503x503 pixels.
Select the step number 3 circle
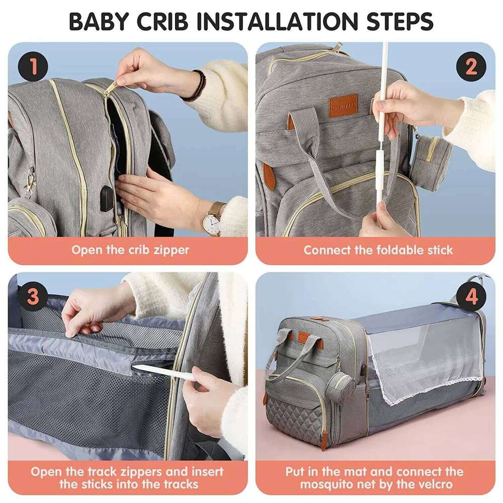pyautogui.click(x=33, y=297)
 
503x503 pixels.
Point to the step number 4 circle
pyautogui.click(x=471, y=297)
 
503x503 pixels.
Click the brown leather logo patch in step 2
pyautogui.click(x=343, y=106)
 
